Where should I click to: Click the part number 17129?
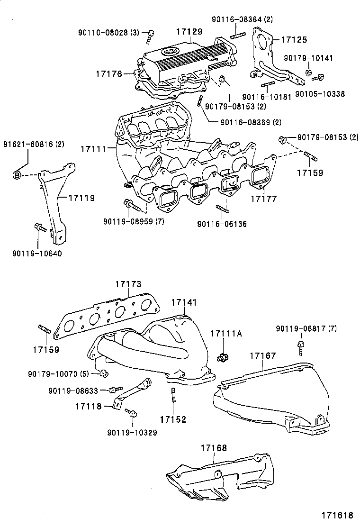coord(189,31)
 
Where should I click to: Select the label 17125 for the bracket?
coord(294,40)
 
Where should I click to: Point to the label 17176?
coord(108,73)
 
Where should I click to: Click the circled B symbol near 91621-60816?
coord(17,176)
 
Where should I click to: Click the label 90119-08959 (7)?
coord(134,221)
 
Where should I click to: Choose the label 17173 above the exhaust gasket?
coord(128,284)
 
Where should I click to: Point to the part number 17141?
coord(184,302)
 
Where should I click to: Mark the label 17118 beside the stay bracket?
coord(88,406)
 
